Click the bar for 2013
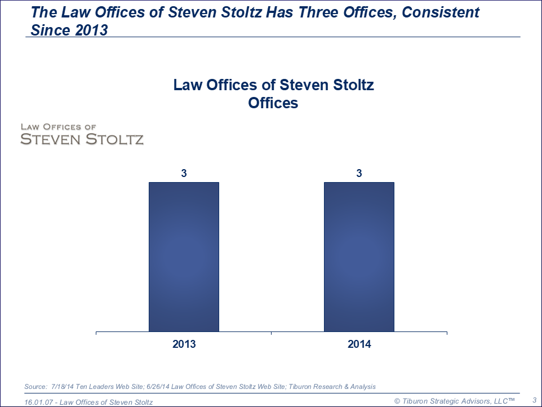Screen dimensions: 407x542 click(184, 256)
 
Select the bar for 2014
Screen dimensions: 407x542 click(359, 256)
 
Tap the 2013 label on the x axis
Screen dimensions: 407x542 click(184, 344)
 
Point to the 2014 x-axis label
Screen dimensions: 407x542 click(359, 344)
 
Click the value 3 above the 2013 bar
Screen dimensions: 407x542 click(184, 174)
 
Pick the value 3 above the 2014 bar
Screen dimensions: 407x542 click(359, 174)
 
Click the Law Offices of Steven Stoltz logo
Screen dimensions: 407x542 click(82, 134)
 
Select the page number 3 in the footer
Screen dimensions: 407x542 click(534, 400)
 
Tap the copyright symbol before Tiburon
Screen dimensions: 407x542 click(397, 401)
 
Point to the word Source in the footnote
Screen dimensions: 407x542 click(35, 386)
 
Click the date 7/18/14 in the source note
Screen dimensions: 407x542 click(63, 386)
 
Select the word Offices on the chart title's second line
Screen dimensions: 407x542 click(273, 103)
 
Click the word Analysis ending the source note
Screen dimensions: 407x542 click(361, 386)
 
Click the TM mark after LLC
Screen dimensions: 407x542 click(509, 399)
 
